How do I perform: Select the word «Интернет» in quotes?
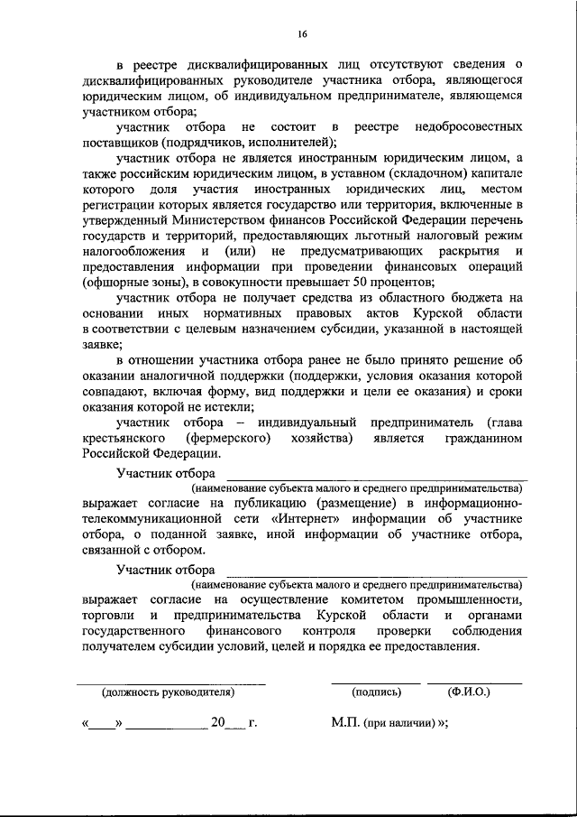(306, 518)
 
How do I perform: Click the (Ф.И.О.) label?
(469, 692)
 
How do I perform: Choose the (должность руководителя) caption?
(168, 692)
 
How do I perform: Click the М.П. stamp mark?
(346, 723)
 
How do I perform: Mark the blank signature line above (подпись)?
(376, 682)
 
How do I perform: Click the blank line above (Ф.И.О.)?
(475, 682)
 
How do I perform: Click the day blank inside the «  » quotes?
(104, 725)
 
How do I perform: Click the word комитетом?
(380, 599)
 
